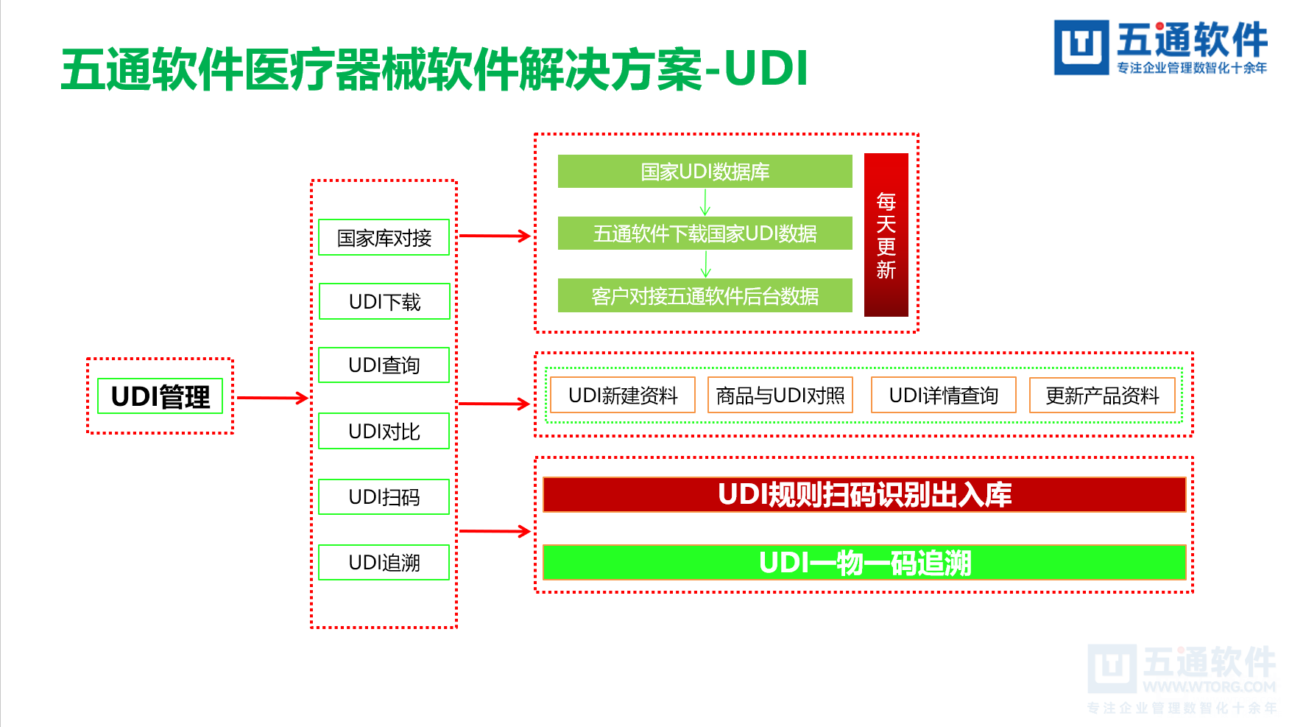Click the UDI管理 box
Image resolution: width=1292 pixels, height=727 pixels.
160,396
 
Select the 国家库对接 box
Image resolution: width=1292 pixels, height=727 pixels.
384,237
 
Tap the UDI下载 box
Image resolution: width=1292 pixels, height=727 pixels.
384,301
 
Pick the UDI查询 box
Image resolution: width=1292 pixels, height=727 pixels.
384,365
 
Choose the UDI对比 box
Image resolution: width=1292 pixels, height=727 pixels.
384,431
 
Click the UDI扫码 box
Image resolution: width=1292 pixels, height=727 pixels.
384,496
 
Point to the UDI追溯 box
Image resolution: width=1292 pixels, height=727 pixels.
384,562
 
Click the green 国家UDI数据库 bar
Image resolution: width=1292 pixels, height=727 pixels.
705,172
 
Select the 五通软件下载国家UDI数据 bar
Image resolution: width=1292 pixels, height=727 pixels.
705,233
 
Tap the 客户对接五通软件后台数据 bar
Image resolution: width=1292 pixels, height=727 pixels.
705,295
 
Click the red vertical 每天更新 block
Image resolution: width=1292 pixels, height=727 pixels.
886,235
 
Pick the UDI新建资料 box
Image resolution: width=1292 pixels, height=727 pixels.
623,396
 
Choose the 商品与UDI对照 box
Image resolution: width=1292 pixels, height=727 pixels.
780,396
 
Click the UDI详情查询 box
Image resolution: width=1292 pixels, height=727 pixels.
943,396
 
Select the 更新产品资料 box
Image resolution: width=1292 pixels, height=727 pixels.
1102,396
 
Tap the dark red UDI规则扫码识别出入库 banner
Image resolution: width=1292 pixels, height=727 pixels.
864,494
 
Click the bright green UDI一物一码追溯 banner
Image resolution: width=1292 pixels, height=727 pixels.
864,563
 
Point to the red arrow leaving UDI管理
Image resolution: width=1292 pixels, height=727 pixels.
272,398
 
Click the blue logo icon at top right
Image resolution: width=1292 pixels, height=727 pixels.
1081,47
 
